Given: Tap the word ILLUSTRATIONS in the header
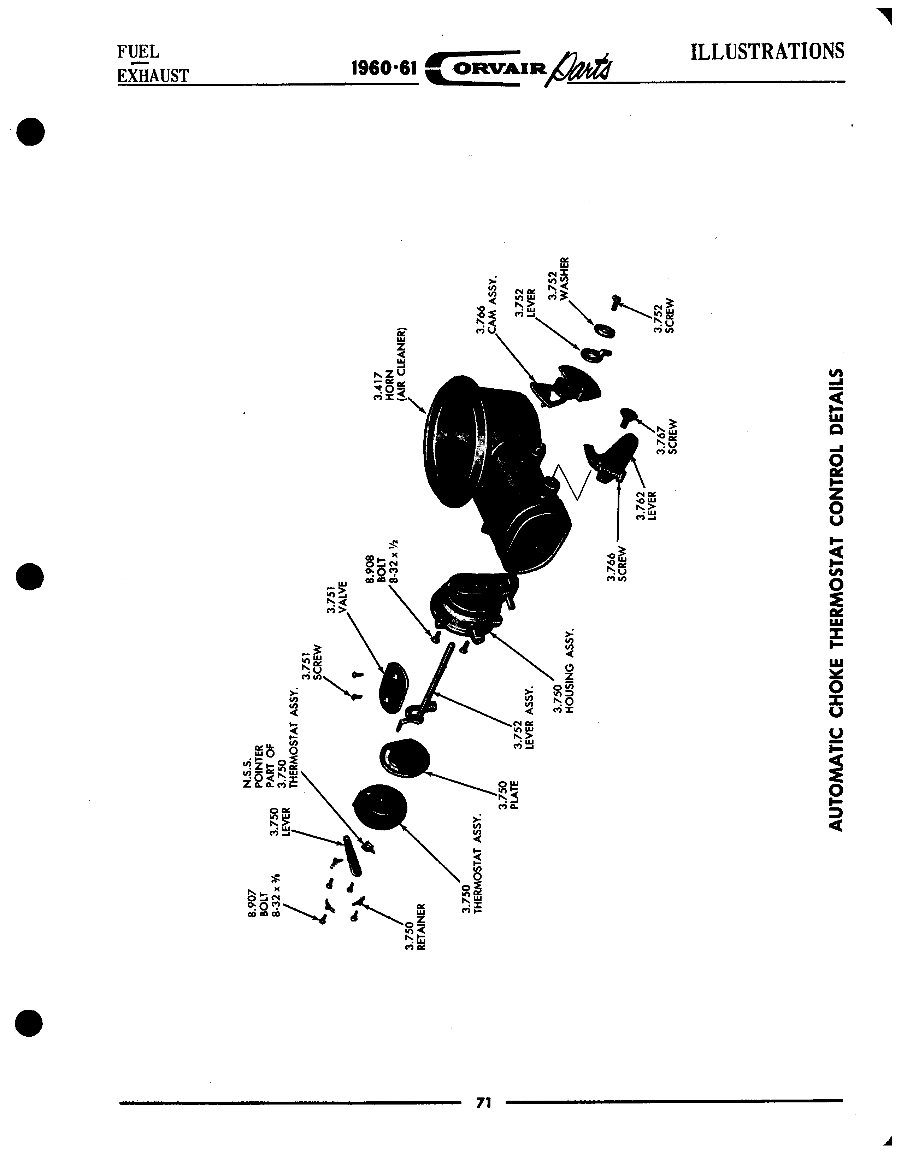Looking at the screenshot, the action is [x=767, y=51].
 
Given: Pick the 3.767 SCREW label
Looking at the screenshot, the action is [x=667, y=436].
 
